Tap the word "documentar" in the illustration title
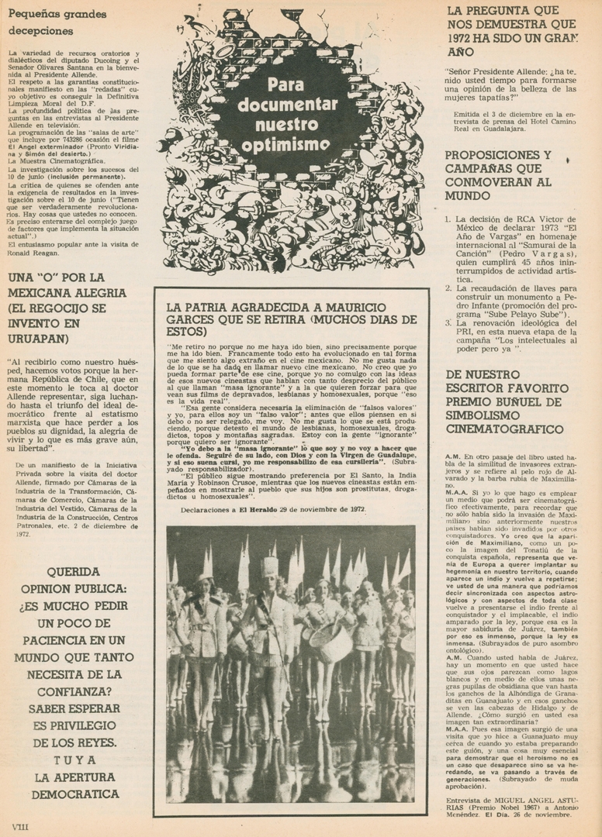[288, 105]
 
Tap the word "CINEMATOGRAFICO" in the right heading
[504, 429]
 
